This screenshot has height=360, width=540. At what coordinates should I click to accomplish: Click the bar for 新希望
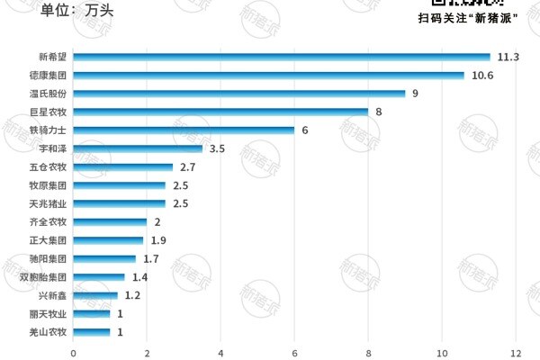coord(281,57)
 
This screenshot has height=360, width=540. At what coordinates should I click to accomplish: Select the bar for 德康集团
coord(268,76)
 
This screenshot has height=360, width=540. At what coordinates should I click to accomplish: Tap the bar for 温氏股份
coord(238,94)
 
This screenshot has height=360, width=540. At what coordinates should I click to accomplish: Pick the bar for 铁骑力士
coord(184,130)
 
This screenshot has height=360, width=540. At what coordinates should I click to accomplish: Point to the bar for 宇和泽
coord(138,148)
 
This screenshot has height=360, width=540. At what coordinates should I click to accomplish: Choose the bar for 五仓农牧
coord(122,167)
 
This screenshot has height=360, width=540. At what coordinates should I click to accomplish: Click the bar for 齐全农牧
coord(110,222)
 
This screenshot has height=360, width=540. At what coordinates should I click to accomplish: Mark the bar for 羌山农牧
coord(91,332)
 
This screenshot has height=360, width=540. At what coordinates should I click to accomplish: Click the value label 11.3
coord(508,57)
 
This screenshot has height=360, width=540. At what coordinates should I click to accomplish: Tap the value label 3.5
coord(217,148)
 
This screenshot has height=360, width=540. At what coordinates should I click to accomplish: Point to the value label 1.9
coord(158,240)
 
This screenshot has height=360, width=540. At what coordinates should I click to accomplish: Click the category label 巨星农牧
coord(49,112)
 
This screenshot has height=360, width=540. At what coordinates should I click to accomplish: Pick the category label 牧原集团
coord(49,185)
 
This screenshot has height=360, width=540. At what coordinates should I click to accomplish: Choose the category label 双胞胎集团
coord(43,277)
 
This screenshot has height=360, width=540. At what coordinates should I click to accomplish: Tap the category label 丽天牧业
coord(49,314)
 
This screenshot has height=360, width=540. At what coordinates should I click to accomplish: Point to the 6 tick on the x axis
coord(294,352)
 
